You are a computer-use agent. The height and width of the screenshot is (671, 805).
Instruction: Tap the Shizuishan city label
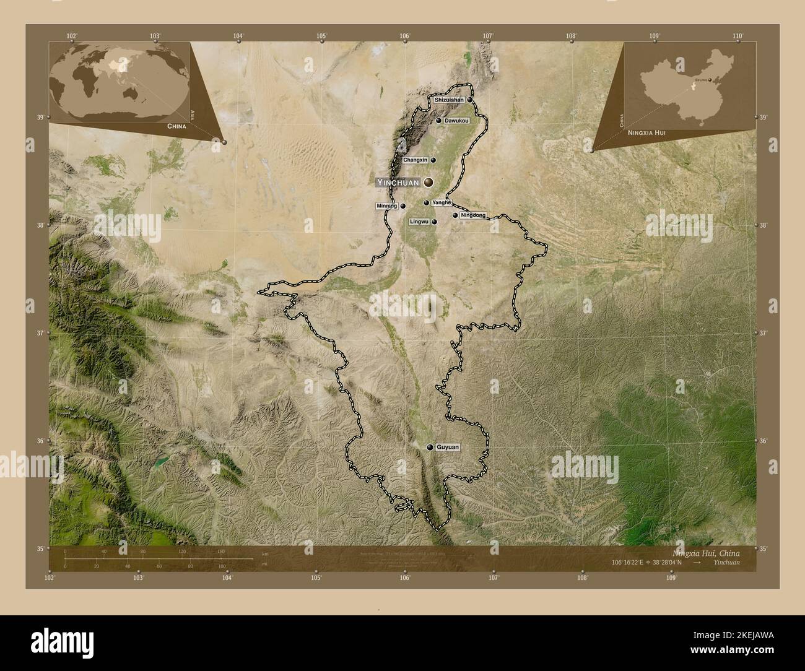[x=449, y=100]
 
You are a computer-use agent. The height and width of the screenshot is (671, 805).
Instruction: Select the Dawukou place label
[x=456, y=121]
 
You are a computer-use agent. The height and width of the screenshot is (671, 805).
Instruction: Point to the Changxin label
[x=415, y=160]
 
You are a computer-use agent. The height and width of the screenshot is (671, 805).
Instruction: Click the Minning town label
[x=386, y=206]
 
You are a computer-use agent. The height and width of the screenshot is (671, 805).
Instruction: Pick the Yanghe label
[x=441, y=202]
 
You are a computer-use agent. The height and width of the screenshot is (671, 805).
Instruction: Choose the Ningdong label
[x=473, y=215]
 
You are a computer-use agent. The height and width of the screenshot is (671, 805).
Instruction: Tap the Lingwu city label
[x=419, y=222]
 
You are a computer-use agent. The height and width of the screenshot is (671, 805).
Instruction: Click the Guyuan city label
[x=447, y=447]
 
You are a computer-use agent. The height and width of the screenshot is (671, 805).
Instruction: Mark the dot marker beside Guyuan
[x=430, y=447]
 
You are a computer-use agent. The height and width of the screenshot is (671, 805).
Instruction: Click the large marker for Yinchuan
[x=428, y=183]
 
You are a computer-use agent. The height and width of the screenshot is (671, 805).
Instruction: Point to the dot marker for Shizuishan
[x=470, y=100]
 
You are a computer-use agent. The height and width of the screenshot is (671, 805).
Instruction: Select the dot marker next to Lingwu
[x=435, y=222]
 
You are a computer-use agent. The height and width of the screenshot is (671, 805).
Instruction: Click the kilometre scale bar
[x=158, y=558]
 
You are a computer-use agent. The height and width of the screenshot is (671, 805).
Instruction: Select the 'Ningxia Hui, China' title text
[x=705, y=553]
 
